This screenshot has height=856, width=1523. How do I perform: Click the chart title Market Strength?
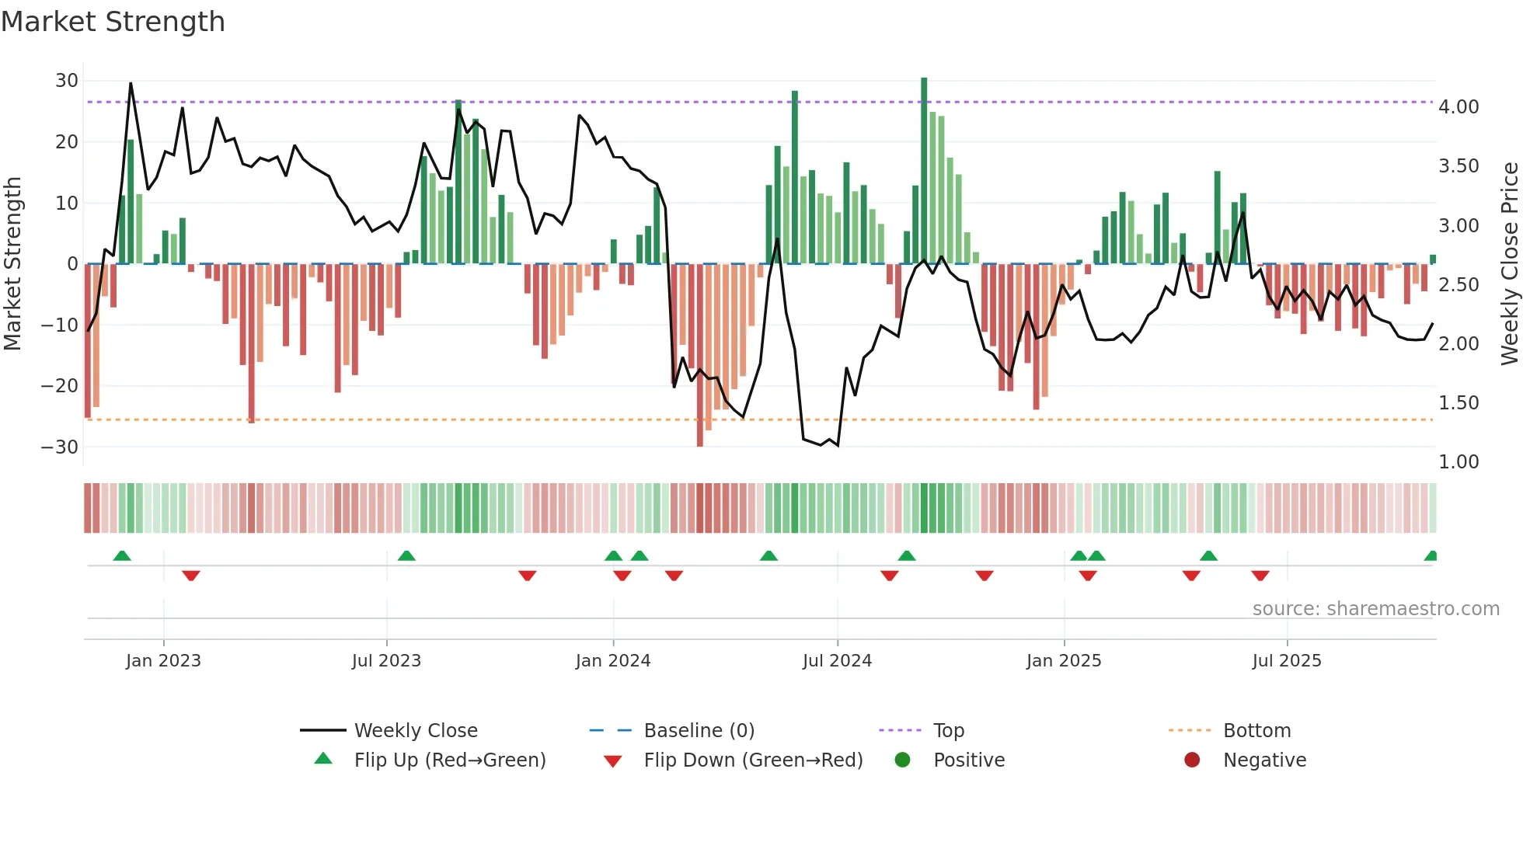pyautogui.click(x=113, y=22)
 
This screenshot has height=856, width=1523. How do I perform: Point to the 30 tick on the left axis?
pyautogui.click(x=67, y=81)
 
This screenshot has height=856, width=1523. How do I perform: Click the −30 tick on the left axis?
pyautogui.click(x=60, y=447)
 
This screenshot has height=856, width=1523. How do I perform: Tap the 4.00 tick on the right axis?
pyautogui.click(x=1459, y=107)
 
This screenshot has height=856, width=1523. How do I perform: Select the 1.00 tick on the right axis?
pyautogui.click(x=1459, y=462)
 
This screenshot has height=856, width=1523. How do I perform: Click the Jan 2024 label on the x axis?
pyautogui.click(x=613, y=661)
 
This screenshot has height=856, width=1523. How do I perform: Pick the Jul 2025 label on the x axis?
pyautogui.click(x=1287, y=661)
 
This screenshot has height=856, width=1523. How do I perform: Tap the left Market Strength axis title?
pyautogui.click(x=12, y=264)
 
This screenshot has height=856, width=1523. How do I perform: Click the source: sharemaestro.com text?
pyautogui.click(x=1375, y=609)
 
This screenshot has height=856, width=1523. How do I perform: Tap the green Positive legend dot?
pyautogui.click(x=902, y=760)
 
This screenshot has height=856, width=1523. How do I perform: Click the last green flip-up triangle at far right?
pyautogui.click(x=1431, y=556)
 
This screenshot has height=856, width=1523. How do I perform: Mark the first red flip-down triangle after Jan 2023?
pyautogui.click(x=191, y=576)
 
